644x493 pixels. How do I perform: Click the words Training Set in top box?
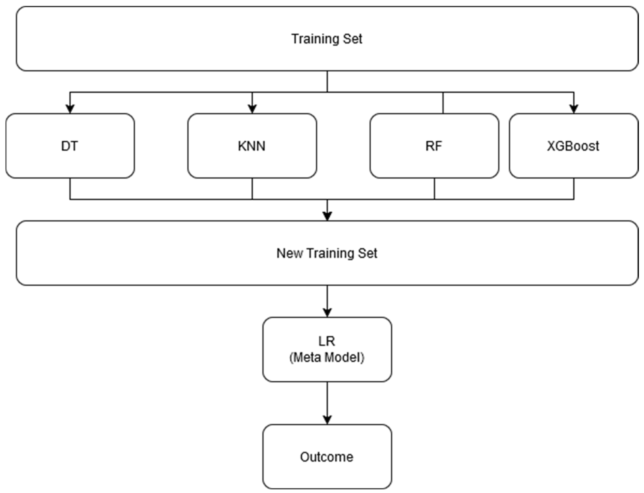327,39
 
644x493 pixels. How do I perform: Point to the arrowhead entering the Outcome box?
327,420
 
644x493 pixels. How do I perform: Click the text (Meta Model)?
327,357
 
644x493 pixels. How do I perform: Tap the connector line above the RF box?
443,103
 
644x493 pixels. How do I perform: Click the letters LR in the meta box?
327,341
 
